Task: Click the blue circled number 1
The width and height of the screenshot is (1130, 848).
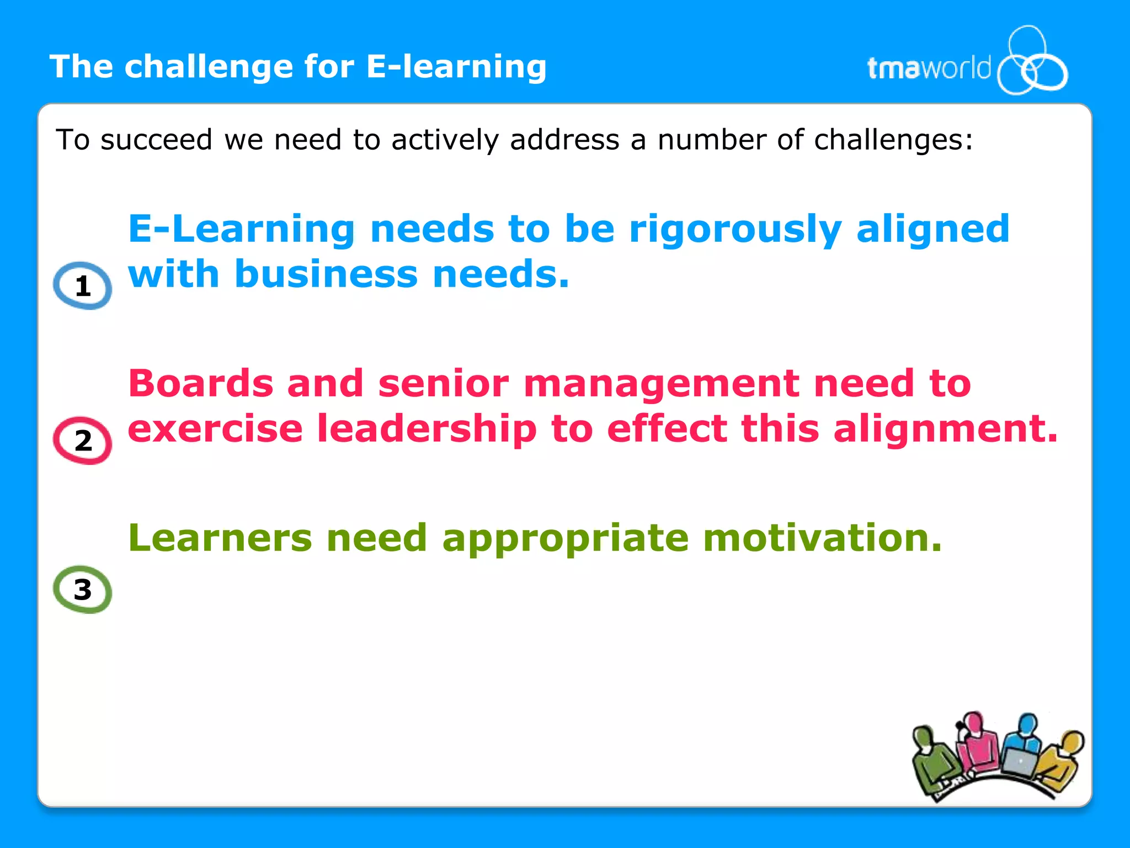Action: (x=83, y=285)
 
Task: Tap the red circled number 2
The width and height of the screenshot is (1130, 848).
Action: (x=83, y=440)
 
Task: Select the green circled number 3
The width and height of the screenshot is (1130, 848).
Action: (x=83, y=590)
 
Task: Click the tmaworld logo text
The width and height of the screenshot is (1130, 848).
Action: (x=929, y=68)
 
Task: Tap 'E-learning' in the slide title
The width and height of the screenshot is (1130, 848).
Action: (x=456, y=67)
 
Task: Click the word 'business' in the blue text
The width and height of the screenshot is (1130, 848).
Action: (x=326, y=274)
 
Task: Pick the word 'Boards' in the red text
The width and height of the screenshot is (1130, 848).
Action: (x=201, y=383)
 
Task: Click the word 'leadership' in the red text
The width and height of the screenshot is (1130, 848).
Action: (x=427, y=428)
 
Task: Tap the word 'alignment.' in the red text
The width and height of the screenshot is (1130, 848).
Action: (x=946, y=429)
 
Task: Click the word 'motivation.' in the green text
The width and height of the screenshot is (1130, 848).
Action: (x=822, y=538)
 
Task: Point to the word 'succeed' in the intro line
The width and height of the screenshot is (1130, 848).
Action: (x=156, y=140)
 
